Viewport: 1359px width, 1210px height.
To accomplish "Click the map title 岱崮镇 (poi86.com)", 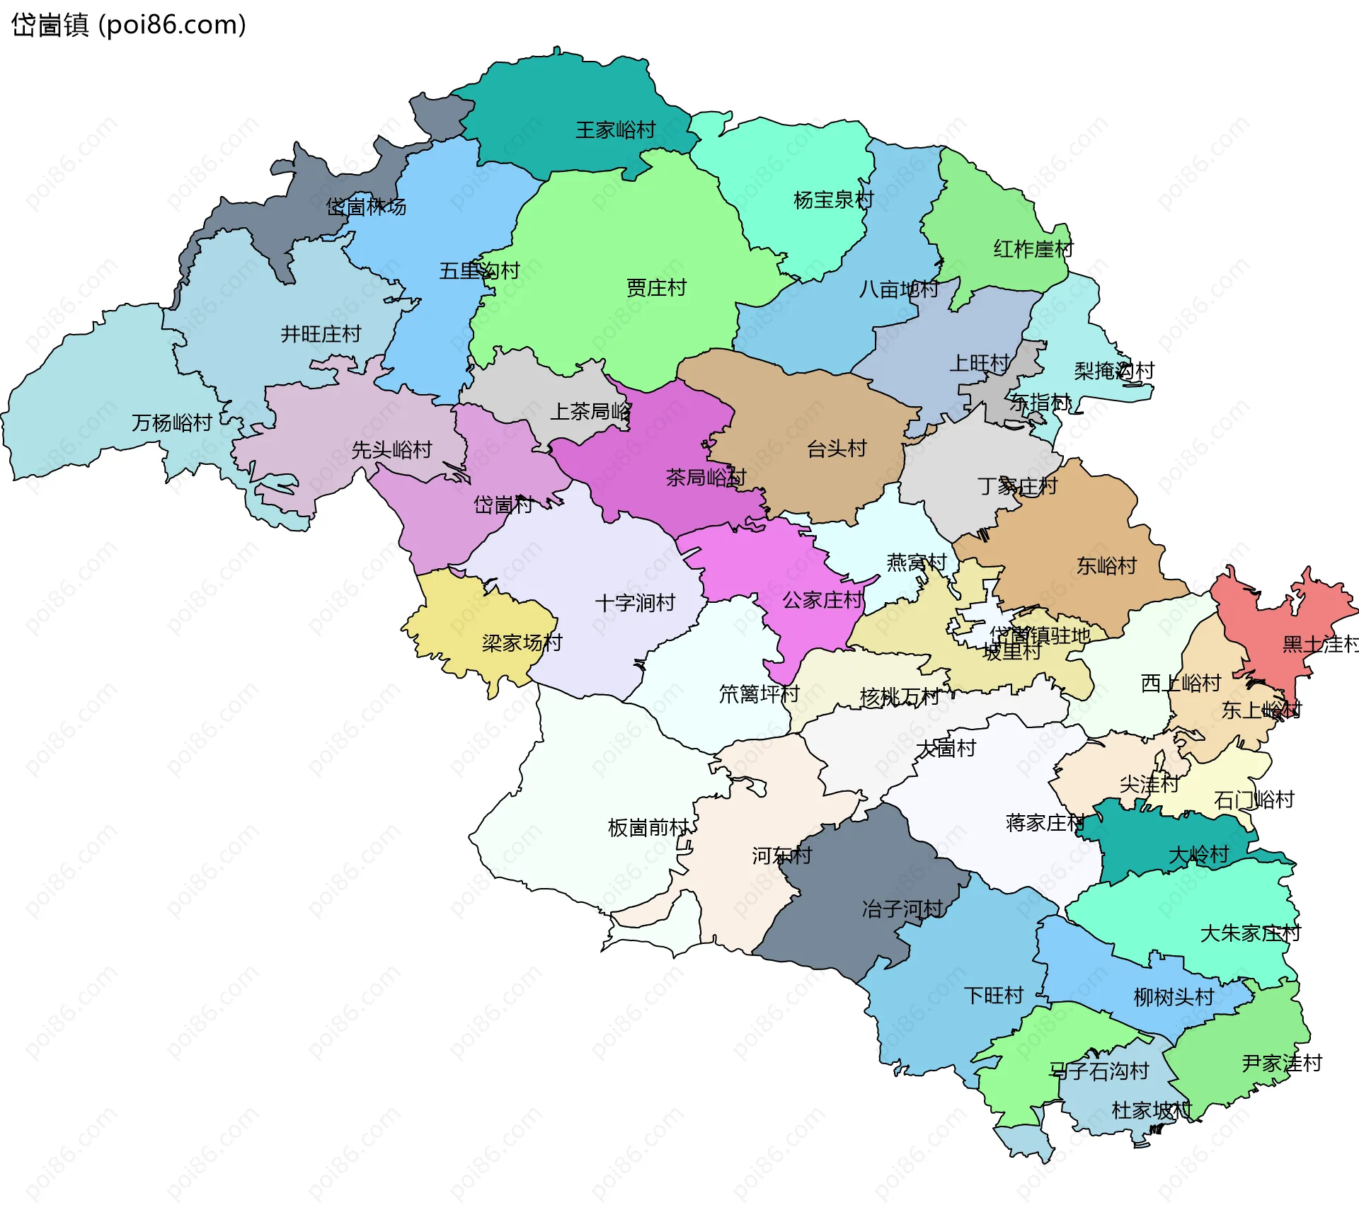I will (x=129, y=25).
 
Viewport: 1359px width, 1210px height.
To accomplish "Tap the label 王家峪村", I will (x=615, y=130).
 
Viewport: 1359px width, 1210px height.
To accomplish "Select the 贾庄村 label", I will (x=656, y=288).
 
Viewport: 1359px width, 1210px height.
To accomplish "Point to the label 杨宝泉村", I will (x=833, y=200).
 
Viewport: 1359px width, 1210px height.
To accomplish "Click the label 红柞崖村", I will (x=1033, y=249).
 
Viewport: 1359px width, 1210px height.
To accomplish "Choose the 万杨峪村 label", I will (x=172, y=423).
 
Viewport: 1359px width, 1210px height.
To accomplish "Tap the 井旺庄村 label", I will (x=321, y=334).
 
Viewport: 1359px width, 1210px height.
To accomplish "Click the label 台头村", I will (x=837, y=449).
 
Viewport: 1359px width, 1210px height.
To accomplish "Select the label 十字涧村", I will (x=635, y=604).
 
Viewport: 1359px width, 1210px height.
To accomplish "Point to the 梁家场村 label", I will (x=522, y=643).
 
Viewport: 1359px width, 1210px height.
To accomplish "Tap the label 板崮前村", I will (x=648, y=828).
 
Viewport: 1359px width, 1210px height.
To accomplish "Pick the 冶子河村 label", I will (x=902, y=909).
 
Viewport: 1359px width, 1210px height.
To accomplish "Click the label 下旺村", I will (x=993, y=996).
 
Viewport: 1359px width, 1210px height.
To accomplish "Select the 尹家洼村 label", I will (x=1281, y=1064).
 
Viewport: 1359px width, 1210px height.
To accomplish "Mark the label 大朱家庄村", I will (x=1250, y=934).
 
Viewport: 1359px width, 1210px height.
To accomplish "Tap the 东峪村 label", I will (x=1106, y=566).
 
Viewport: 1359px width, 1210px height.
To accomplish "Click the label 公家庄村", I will (x=822, y=601).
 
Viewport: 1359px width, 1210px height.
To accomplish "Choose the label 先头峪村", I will (x=391, y=450).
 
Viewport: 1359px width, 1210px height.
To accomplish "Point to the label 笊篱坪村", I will (x=759, y=695).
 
